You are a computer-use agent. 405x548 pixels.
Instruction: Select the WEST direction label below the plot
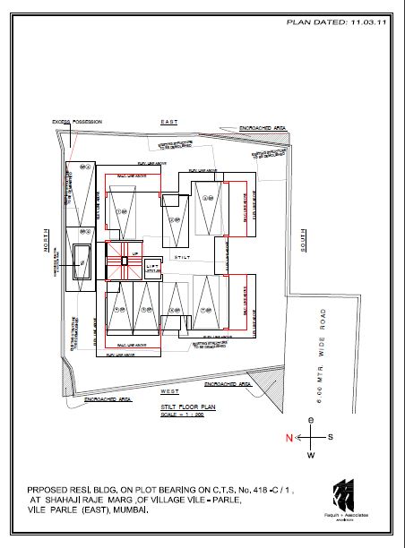pos(169,391)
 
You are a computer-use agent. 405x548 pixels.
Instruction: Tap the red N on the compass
pos(289,438)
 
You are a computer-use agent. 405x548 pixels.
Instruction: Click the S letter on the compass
pos(330,437)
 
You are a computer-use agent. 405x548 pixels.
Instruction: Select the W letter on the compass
pos(311,456)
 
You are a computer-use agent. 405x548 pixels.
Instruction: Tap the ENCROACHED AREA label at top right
pos(262,129)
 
